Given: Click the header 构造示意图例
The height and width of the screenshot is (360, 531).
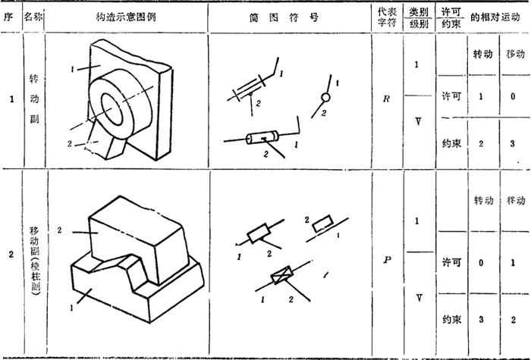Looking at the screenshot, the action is point(126,17).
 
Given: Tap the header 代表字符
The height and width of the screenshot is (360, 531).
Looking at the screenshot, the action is point(387,17).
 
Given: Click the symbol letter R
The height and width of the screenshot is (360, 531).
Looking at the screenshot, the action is point(386,99).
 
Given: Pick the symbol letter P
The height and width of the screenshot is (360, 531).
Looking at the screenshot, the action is point(387,260).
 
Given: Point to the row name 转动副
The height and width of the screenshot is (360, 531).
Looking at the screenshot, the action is point(34,99).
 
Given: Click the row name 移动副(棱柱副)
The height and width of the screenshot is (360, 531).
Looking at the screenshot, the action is point(35,261).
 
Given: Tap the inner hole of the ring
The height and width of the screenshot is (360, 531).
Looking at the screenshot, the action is point(112,109).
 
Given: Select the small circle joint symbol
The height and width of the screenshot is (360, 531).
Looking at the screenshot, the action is point(325,98).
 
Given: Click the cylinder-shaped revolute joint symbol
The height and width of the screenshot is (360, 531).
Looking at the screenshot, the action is point(262,137).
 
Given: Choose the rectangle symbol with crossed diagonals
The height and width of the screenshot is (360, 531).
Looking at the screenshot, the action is point(281,274).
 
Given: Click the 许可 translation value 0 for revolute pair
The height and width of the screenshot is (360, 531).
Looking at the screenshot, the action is point(513,96).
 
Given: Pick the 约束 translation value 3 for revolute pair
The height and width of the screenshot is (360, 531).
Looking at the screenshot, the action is point(512,143).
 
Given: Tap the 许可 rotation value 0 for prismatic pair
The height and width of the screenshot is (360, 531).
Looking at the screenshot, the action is point(481,262).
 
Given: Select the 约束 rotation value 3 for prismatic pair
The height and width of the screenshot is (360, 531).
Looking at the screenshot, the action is point(481,319).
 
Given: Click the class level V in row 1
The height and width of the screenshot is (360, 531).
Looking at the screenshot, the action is point(418,121).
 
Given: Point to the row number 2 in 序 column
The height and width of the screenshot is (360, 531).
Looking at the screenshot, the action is point(11,255).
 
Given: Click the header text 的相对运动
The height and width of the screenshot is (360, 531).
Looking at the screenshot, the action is point(495,17).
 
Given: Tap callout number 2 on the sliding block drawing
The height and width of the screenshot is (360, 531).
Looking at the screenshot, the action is point(60,230).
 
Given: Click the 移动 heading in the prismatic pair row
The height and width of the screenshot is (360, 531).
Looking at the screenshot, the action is point(516,201).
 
